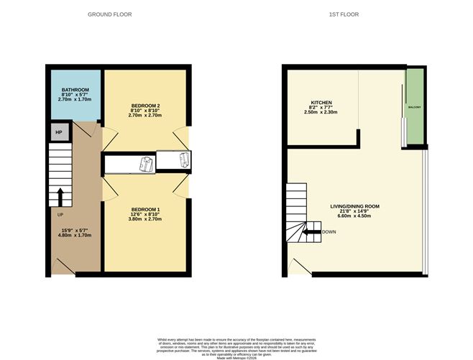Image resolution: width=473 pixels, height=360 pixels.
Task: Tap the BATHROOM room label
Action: pyautogui.click(x=75, y=90)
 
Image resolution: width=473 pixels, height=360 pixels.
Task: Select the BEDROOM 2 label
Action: pyautogui.click(x=146, y=106)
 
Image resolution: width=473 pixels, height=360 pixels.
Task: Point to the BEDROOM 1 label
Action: pyautogui.click(x=145, y=209)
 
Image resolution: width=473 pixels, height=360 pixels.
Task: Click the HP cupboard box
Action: pyautogui.click(x=59, y=132)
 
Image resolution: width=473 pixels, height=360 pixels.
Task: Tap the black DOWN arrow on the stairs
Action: pyautogui.click(x=310, y=232)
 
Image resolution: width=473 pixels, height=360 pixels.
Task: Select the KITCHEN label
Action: pyautogui.click(x=321, y=103)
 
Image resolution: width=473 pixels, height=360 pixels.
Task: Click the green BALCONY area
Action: pyautogui.click(x=415, y=106)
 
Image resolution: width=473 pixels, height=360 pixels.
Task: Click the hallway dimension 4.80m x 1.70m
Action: pyautogui.click(x=75, y=235)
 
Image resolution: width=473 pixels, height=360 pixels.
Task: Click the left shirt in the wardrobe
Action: pyautogui.click(x=147, y=164)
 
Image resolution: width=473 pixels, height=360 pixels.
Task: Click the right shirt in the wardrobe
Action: pyautogui.click(x=184, y=160)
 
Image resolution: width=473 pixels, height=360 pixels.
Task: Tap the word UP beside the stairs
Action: pyautogui.click(x=53, y=213)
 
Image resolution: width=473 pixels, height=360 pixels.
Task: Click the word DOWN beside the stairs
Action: pyautogui.click(x=329, y=232)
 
